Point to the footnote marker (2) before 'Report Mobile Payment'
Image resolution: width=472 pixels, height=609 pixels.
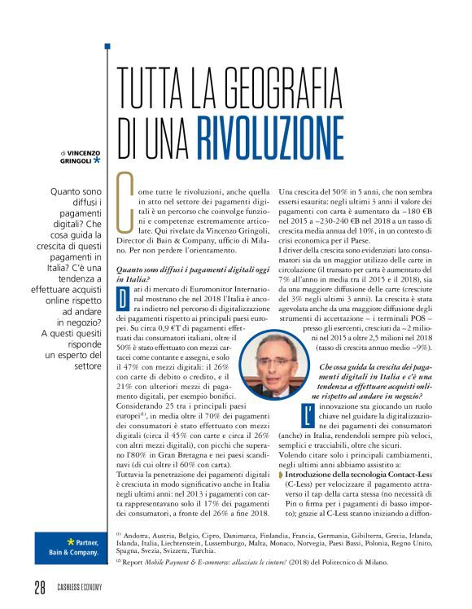click(120, 561)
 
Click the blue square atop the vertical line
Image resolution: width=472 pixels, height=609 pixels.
click(107, 46)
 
